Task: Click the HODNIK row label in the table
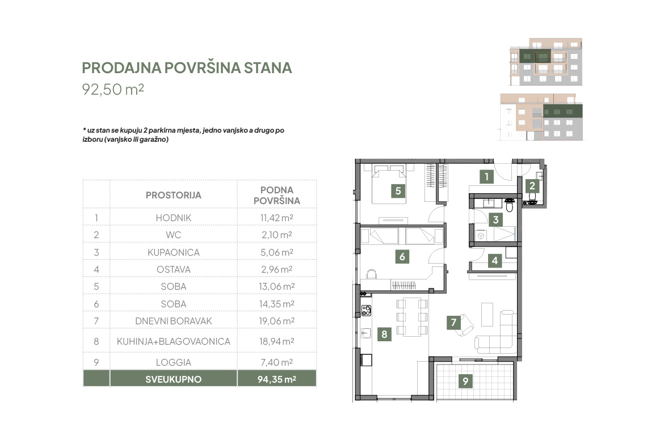click(x=173, y=218)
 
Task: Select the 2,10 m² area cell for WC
click(x=277, y=235)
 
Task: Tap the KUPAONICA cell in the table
click(x=173, y=252)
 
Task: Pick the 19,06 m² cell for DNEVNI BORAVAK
click(x=277, y=321)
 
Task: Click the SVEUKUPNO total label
click(x=173, y=379)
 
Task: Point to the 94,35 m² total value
click(x=277, y=379)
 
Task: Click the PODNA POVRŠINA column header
click(x=277, y=196)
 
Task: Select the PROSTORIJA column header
click(x=173, y=196)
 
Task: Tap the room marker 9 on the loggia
click(x=465, y=382)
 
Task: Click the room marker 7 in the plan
click(x=453, y=323)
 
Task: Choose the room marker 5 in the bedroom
click(x=398, y=191)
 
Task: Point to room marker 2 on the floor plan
click(x=532, y=186)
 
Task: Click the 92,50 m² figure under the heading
click(x=113, y=89)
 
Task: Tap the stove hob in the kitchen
click(x=366, y=311)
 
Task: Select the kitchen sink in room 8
click(x=366, y=333)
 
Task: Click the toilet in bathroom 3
click(x=510, y=205)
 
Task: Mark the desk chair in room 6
click(x=371, y=274)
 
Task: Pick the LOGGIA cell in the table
click(x=173, y=362)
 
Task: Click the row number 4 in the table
click(x=96, y=269)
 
